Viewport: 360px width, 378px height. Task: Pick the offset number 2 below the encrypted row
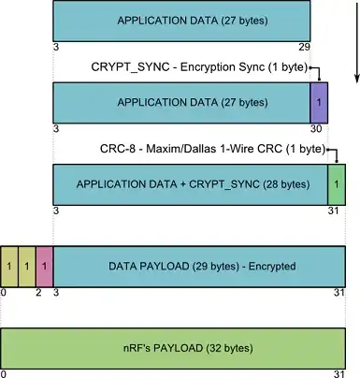point(38,293)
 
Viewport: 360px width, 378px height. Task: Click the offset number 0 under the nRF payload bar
point(4,373)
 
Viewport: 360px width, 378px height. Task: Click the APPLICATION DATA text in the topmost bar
point(182,19)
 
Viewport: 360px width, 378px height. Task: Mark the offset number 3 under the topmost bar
point(57,44)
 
